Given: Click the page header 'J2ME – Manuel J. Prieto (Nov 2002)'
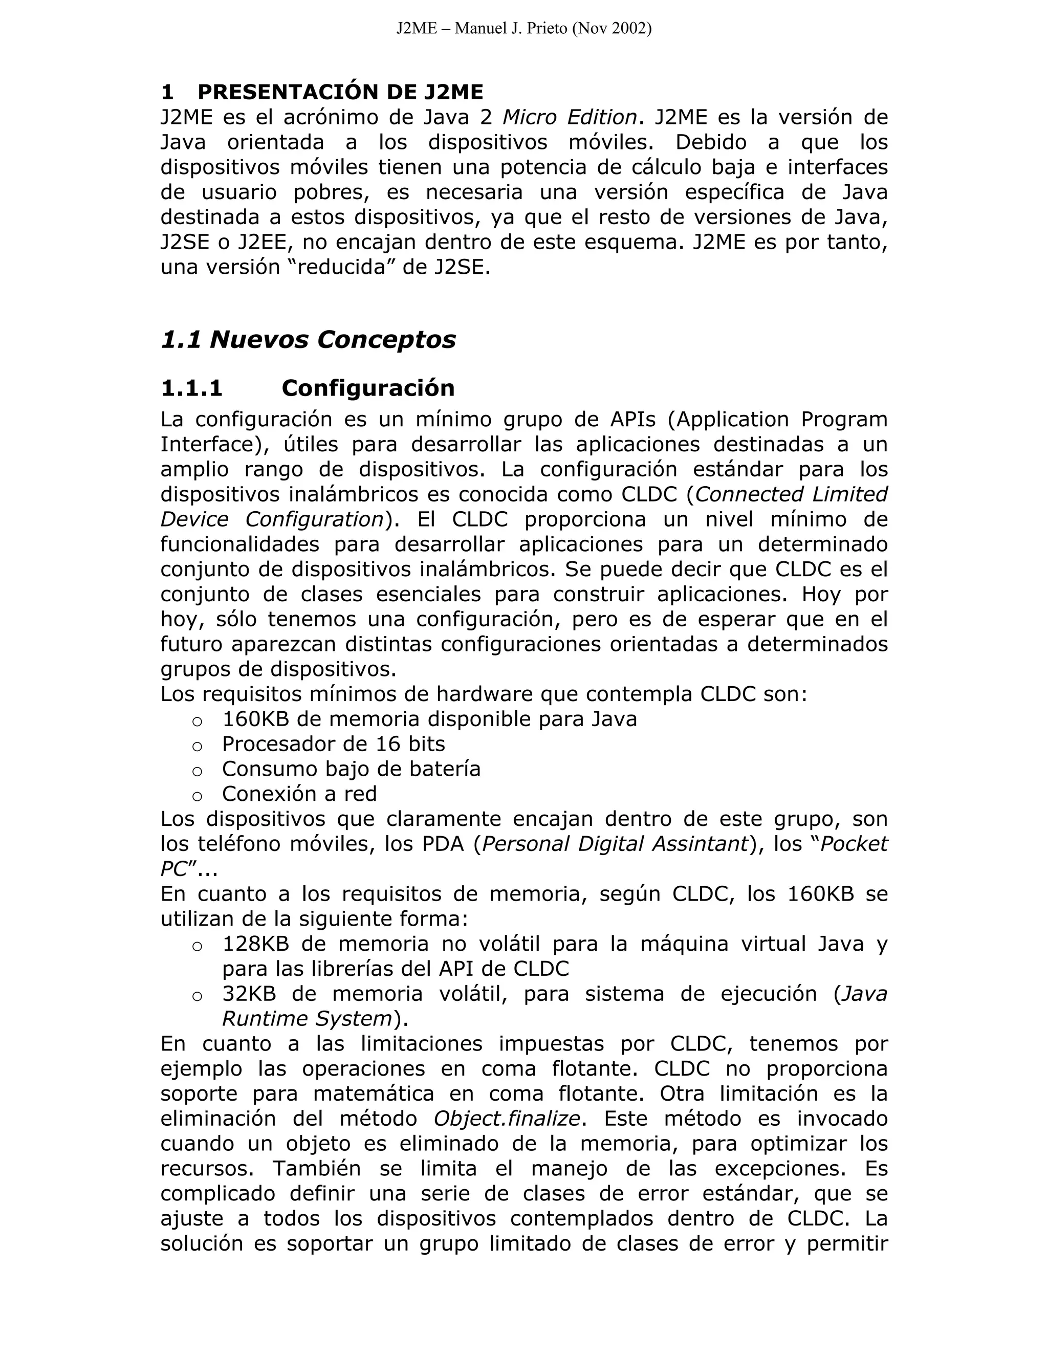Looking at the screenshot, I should click(523, 29).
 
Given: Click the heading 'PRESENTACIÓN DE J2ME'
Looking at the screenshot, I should click(340, 92).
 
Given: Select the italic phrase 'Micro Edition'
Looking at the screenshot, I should click(570, 117).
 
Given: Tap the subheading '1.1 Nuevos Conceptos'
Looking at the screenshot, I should click(308, 340).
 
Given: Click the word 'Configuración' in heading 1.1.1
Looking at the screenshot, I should click(367, 388).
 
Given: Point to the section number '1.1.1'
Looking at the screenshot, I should click(191, 388).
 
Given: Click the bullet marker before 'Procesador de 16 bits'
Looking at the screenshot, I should click(197, 746).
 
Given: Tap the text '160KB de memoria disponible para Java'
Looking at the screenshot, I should click(429, 719).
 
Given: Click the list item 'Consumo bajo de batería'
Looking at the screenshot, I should click(351, 769).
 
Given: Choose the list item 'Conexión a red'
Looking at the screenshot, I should click(299, 794).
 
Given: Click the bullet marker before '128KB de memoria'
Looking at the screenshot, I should click(197, 946).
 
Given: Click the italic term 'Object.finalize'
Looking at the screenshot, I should click(506, 1119).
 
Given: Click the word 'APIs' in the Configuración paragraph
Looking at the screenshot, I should click(628, 419).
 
